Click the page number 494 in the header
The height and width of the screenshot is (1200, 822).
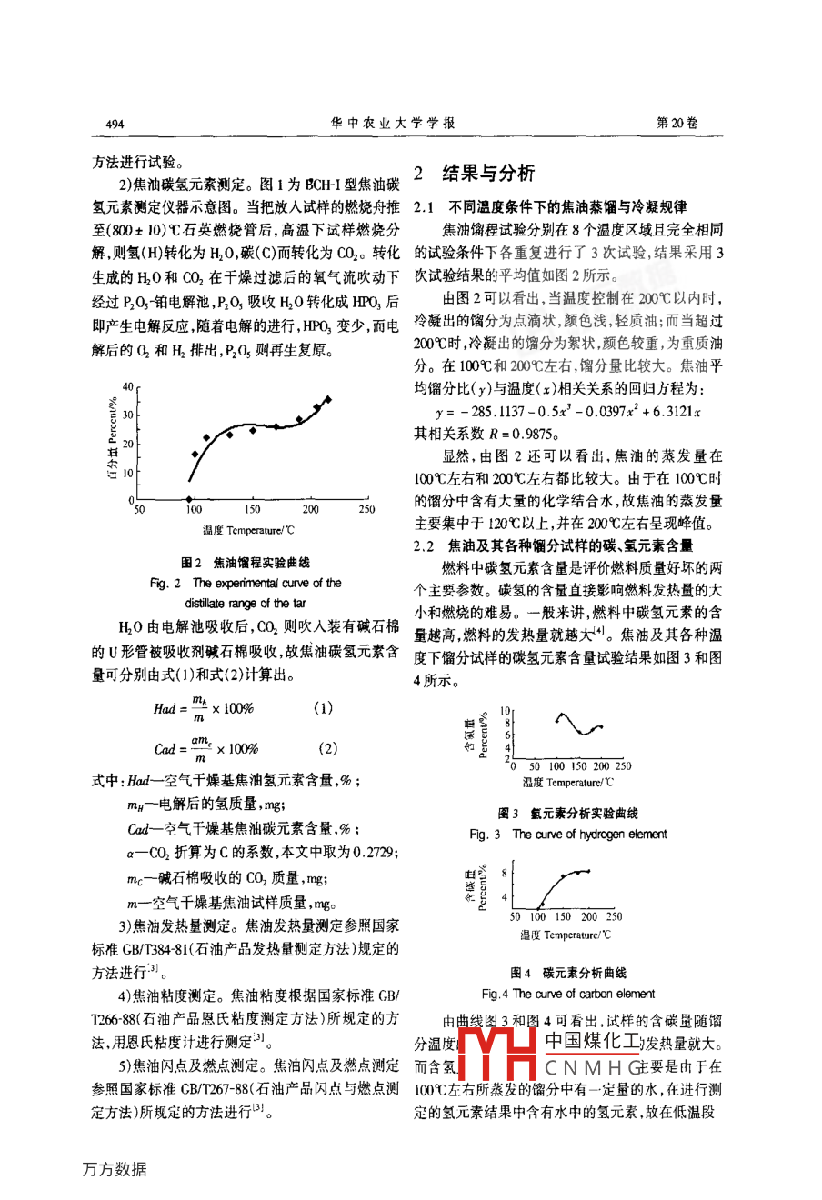point(115,124)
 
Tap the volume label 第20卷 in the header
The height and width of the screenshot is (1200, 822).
point(677,123)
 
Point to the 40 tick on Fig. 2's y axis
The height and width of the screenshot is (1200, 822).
point(128,386)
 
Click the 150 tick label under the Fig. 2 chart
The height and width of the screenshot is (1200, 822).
point(252,510)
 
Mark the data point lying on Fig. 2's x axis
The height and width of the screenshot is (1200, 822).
point(189,498)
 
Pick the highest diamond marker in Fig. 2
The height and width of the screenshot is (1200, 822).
point(327,399)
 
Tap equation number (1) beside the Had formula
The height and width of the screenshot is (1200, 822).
point(323,707)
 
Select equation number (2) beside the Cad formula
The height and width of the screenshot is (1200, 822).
point(326,748)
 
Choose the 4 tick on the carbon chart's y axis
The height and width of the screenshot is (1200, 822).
point(505,897)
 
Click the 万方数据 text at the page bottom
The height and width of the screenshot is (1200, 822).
point(115,1170)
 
